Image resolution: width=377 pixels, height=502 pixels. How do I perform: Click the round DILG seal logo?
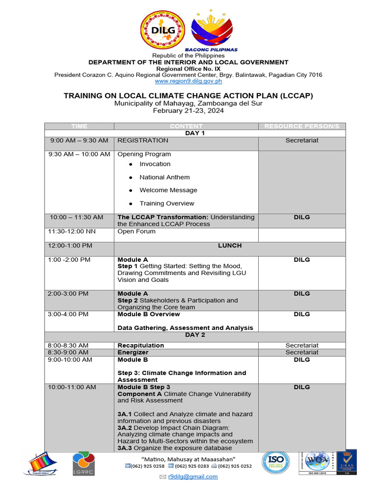pos(163,30)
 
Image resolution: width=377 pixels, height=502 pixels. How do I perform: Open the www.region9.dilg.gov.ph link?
pos(188,81)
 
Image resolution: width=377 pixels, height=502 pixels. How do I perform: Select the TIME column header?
pos(79,126)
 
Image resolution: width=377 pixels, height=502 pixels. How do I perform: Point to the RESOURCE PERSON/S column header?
pos(302,126)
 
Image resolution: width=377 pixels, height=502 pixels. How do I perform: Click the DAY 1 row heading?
pos(195,133)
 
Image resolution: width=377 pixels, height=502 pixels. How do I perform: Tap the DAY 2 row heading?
pos(195,335)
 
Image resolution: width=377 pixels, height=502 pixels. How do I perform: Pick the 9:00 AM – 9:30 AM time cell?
pos(79,141)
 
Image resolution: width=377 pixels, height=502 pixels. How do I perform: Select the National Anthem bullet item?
pos(164,177)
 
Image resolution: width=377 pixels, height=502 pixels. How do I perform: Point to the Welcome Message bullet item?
pos(168,190)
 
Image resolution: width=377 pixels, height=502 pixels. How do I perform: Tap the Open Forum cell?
pos(136,231)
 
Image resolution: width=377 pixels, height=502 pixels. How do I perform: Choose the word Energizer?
pos(133,352)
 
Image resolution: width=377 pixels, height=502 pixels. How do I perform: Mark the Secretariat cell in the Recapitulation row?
pos(302,346)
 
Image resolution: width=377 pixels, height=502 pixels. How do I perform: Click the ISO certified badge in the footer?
pos(279,463)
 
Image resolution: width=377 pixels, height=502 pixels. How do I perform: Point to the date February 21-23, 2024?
pos(188,111)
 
